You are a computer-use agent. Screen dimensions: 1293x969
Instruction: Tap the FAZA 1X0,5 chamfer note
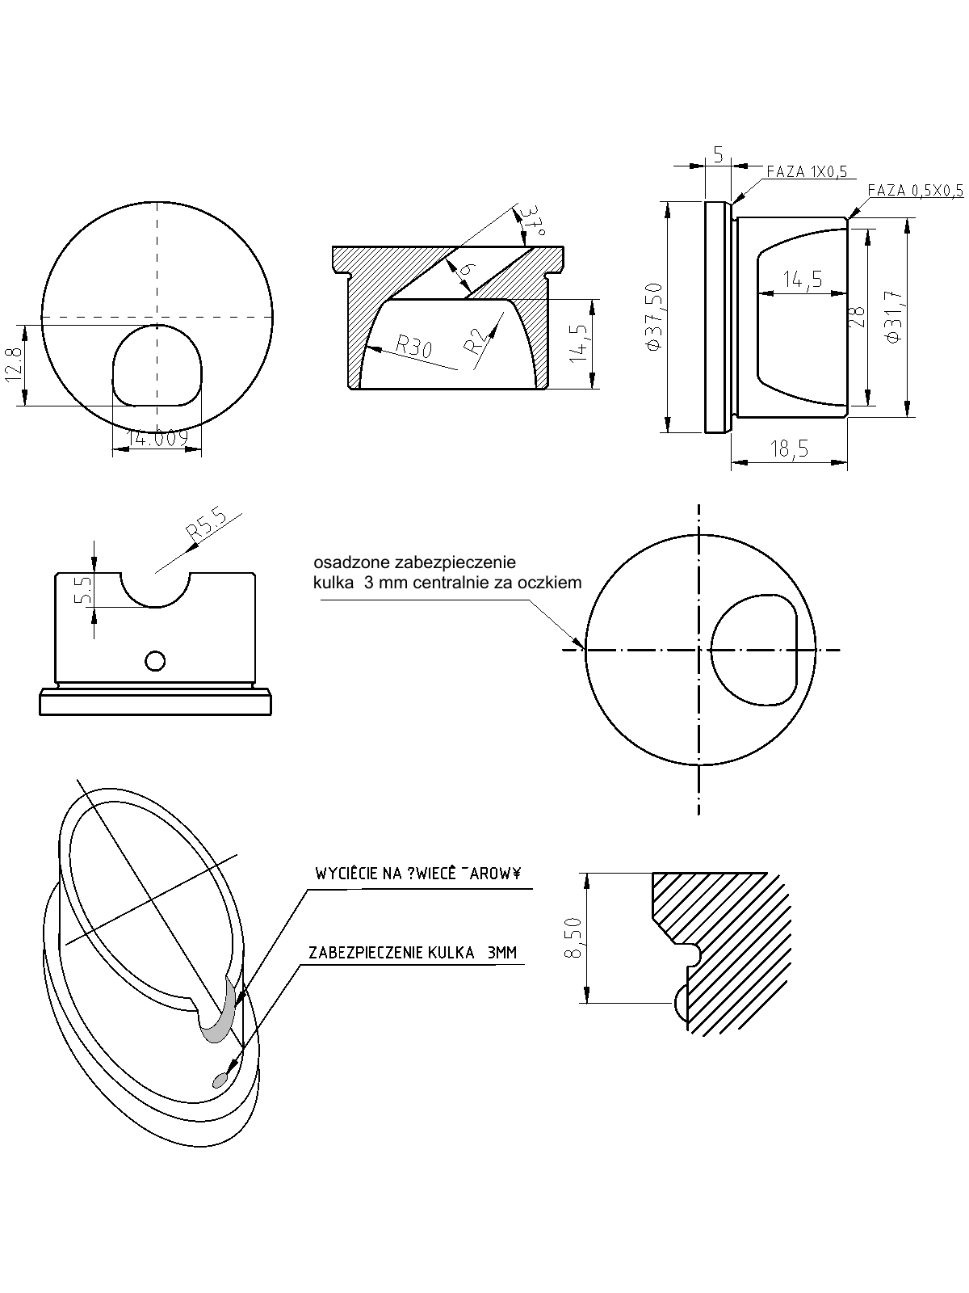click(x=806, y=171)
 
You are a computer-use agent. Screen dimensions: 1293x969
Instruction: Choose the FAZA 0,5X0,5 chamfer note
click(x=916, y=191)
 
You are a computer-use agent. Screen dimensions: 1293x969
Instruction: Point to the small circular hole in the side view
click(x=155, y=661)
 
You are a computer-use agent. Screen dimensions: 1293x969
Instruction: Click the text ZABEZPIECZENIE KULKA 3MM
click(x=412, y=953)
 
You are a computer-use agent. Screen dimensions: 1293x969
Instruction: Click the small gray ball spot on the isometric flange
click(x=219, y=1080)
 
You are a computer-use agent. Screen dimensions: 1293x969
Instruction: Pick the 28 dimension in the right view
click(x=857, y=316)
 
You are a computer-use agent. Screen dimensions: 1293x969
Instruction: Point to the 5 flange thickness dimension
click(x=717, y=154)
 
